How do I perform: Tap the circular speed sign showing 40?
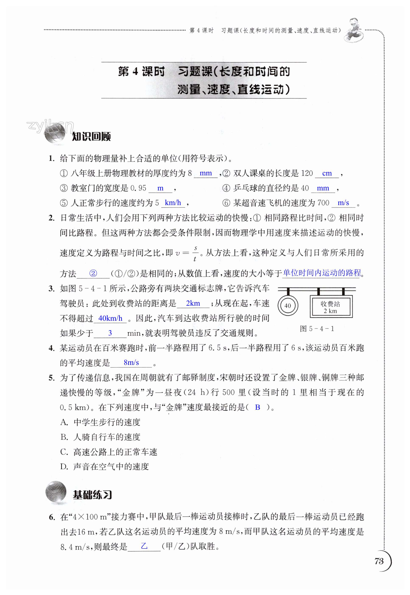[x=288, y=306]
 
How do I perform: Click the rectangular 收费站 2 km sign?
[x=331, y=307]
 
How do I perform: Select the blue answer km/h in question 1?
[x=173, y=203]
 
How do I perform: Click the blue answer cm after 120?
[x=327, y=173]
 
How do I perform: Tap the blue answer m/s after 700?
[x=343, y=203]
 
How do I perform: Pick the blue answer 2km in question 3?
[x=193, y=303]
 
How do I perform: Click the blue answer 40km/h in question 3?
[x=110, y=318]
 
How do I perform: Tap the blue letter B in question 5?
[x=257, y=407]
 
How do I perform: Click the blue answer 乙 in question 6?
[x=144, y=546]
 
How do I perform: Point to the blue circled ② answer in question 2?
[x=93, y=273]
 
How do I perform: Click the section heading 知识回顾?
[x=91, y=136]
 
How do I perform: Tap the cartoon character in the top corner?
[x=354, y=30]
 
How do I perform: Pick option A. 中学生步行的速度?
[x=100, y=422]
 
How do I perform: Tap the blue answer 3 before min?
[x=110, y=333]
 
